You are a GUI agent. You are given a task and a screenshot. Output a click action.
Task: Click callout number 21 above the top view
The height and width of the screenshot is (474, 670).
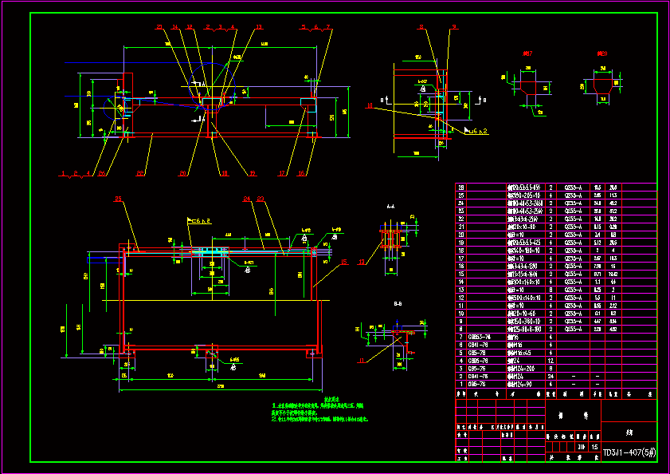pyautogui.click(x=159, y=27)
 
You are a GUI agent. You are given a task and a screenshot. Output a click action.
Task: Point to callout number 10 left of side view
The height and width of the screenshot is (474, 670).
pyautogui.click(x=370, y=105)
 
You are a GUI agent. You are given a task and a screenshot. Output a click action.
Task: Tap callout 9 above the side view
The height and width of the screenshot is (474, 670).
pyautogui.click(x=453, y=27)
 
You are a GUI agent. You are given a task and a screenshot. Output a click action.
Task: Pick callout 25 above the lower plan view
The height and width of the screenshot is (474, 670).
pyautogui.click(x=118, y=198)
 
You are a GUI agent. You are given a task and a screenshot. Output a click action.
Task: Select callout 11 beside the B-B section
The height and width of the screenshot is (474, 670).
pyautogui.click(x=360, y=361)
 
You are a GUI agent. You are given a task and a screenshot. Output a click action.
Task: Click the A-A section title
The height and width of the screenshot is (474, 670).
pyautogui.click(x=390, y=206)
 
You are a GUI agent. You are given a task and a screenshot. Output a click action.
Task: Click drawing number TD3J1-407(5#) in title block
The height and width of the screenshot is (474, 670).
pyautogui.click(x=629, y=452)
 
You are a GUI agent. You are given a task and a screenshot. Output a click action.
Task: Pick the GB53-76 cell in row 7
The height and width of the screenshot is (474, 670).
pyautogui.click(x=479, y=338)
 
